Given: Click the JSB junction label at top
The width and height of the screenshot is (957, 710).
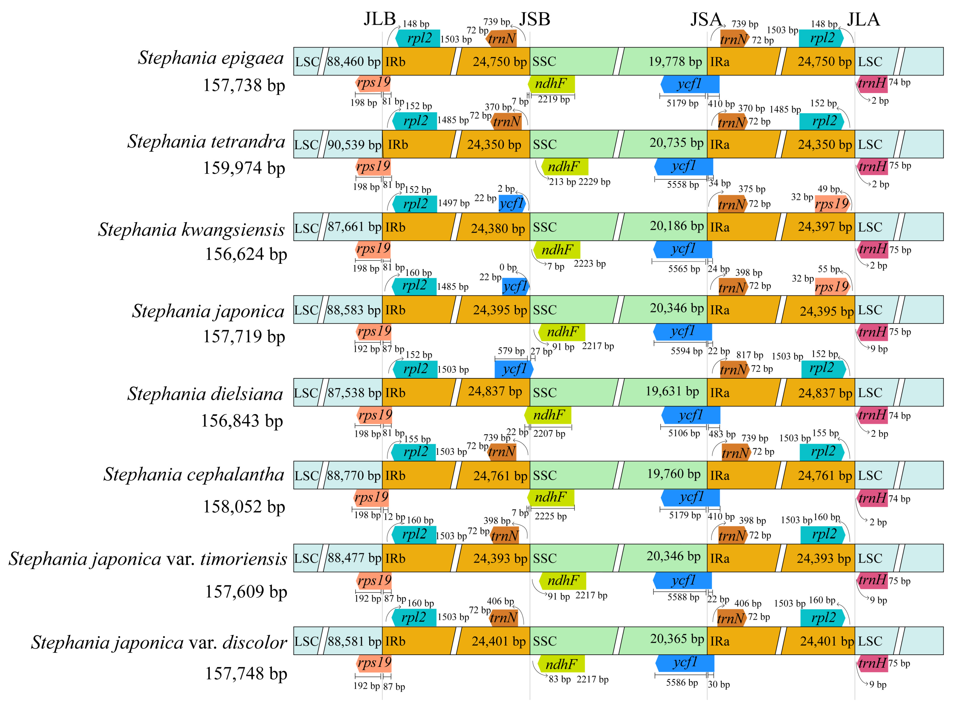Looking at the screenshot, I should pyautogui.click(x=535, y=19).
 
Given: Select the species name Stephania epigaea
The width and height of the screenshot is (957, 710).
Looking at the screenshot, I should pyautogui.click(x=211, y=58).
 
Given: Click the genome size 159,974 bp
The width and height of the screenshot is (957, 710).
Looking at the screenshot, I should pyautogui.click(x=244, y=168).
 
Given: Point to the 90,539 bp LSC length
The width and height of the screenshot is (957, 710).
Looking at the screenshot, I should pyautogui.click(x=354, y=145).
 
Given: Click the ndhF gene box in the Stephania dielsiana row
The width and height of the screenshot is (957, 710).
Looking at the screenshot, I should pyautogui.click(x=548, y=415).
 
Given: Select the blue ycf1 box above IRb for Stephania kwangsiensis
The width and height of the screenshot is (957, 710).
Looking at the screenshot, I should pyautogui.click(x=512, y=204).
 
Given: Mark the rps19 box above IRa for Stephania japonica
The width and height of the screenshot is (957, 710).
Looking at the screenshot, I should pyautogui.click(x=832, y=287).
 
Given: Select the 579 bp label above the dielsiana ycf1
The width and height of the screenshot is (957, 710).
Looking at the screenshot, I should pyautogui.click(x=511, y=351).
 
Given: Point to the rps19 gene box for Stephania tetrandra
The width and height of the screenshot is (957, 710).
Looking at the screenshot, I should pyautogui.click(x=373, y=166).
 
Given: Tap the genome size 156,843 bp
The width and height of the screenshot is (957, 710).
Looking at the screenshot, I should pyautogui.click(x=242, y=421).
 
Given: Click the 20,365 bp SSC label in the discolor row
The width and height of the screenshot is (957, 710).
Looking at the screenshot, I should pyautogui.click(x=677, y=639).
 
